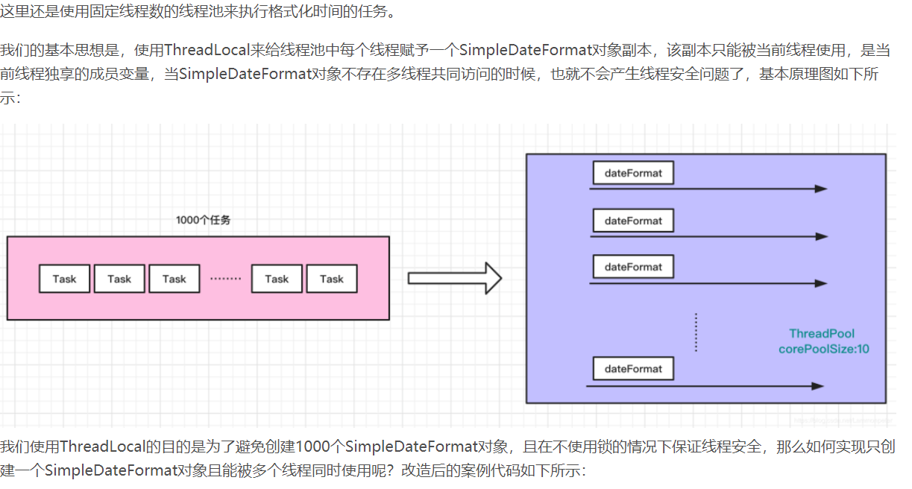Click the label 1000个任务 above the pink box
(208, 220)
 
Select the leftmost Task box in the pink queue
(65, 279)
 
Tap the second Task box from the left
(119, 279)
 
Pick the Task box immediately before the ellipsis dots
(174, 279)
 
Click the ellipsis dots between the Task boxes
(225, 280)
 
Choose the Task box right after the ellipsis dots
(277, 279)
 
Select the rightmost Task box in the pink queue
(332, 279)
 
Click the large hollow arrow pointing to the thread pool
(454, 278)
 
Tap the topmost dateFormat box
(633, 174)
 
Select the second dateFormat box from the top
(633, 221)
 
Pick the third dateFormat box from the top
(633, 267)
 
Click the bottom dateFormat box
(633, 369)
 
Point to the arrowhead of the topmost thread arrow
(820, 189)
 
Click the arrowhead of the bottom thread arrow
(817, 386)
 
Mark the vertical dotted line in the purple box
(696, 332)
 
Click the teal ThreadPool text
(822, 333)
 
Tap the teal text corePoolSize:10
(824, 349)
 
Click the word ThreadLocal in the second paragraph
(203, 50)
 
